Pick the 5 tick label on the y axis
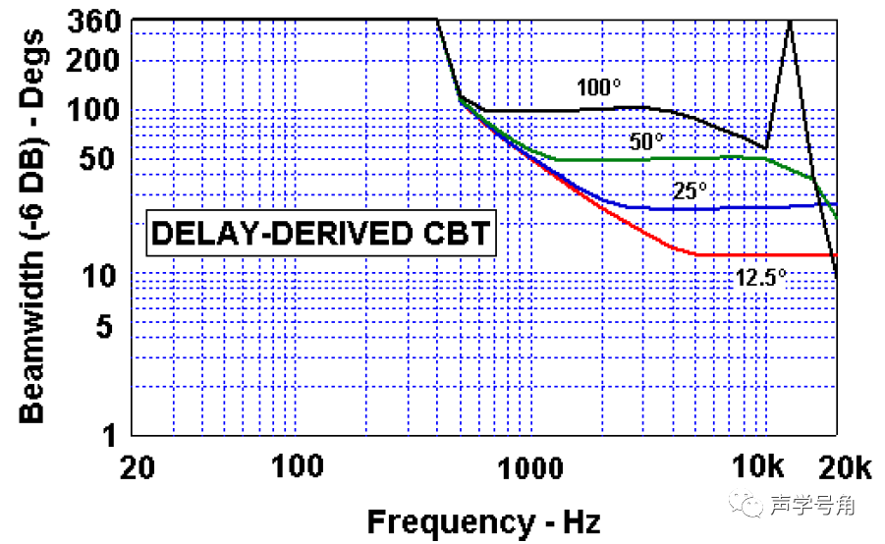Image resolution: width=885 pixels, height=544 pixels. [111, 325]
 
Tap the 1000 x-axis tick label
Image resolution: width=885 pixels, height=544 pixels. [530, 466]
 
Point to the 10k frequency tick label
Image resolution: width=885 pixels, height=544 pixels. [760, 466]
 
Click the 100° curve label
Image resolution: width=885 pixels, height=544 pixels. [594, 87]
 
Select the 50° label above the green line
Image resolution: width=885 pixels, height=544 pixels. [648, 141]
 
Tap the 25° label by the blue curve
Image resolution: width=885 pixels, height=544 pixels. [691, 190]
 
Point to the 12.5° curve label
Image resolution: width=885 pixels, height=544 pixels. [761, 278]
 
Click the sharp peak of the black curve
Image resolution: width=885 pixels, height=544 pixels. [790, 21]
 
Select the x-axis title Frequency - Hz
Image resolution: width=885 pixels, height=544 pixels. [483, 520]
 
